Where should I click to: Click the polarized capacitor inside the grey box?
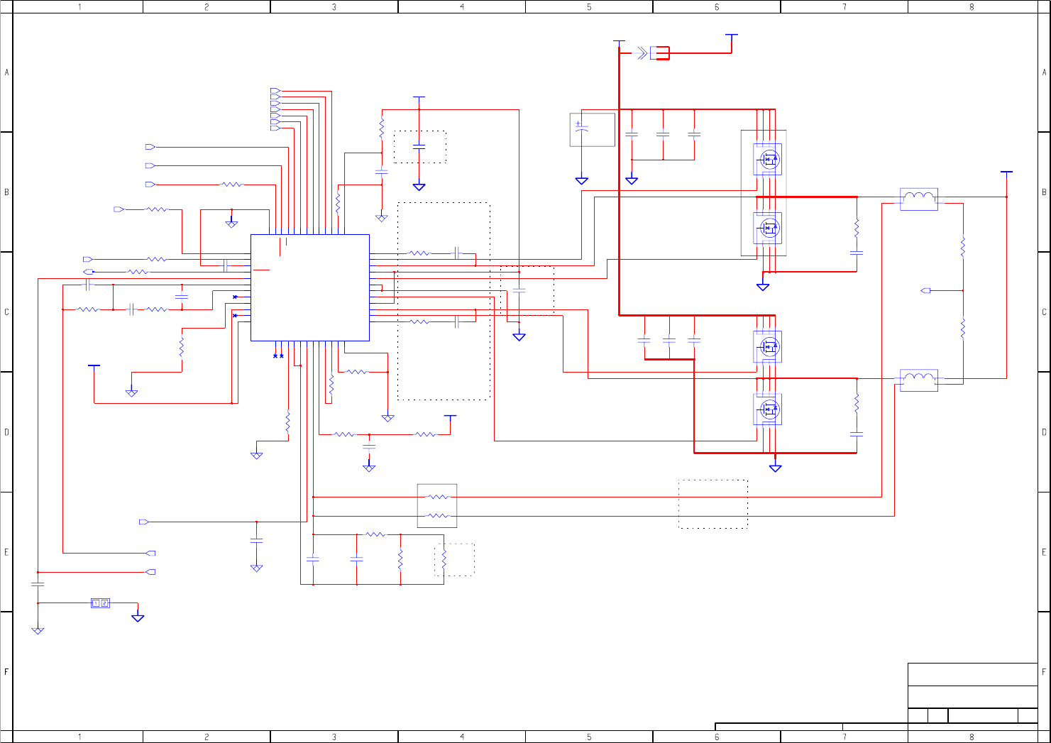click(581, 129)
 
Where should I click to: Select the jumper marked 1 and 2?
click(100, 603)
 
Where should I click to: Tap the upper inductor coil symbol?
click(919, 198)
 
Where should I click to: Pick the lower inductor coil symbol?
click(919, 379)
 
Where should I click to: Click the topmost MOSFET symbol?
click(768, 159)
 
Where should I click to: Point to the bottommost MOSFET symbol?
click(768, 409)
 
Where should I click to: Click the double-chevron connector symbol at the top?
click(642, 53)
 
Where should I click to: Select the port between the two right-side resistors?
click(925, 290)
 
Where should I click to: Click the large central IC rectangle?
click(310, 287)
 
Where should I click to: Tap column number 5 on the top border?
click(589, 7)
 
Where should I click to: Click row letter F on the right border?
click(1044, 671)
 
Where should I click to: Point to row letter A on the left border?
click(7, 72)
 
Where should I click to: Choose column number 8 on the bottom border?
click(972, 737)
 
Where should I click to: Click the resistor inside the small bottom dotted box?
click(444, 561)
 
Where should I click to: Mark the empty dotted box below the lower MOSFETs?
click(712, 504)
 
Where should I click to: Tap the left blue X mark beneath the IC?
click(275, 356)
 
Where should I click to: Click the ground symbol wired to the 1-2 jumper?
click(138, 617)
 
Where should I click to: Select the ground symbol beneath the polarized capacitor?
click(581, 180)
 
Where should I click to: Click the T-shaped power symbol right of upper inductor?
click(1006, 172)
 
